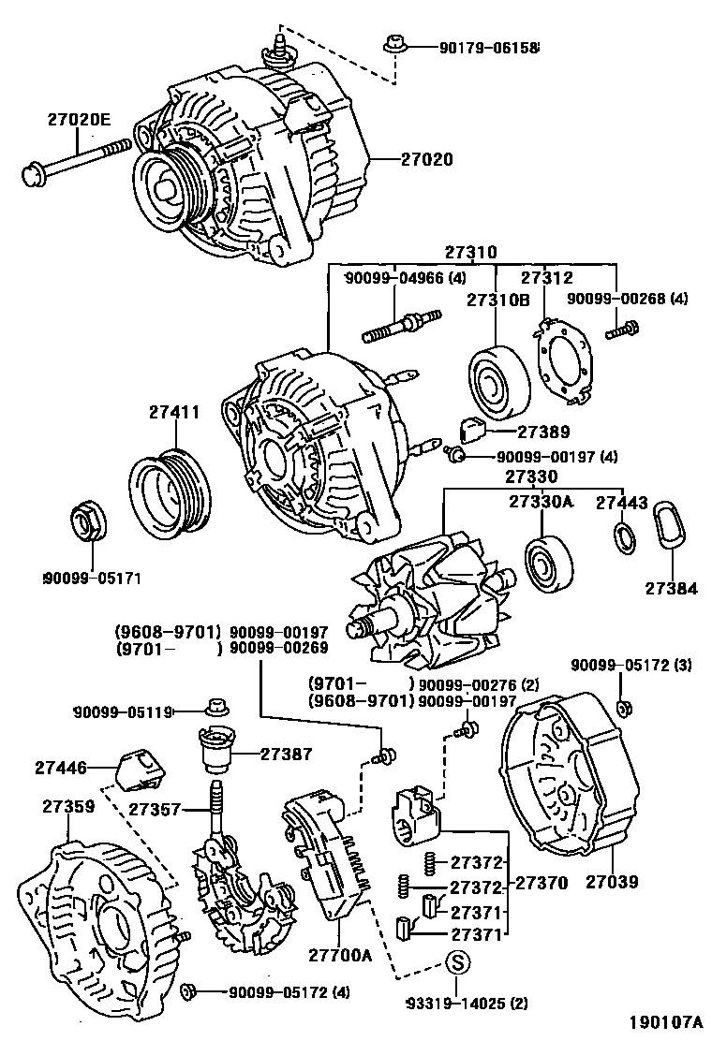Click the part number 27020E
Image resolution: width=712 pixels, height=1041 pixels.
pos(80,119)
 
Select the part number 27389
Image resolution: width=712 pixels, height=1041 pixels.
pos(518,432)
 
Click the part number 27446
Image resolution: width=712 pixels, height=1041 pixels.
pos(61,768)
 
